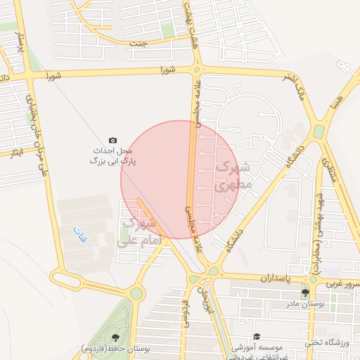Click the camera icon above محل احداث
pyautogui.click(x=112, y=141)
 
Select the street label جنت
pyautogui.click(x=139, y=44)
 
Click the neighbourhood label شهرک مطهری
pyautogui.click(x=233, y=177)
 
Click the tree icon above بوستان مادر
pyautogui.click(x=304, y=292)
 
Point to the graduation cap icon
pyautogui.click(x=257, y=337)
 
